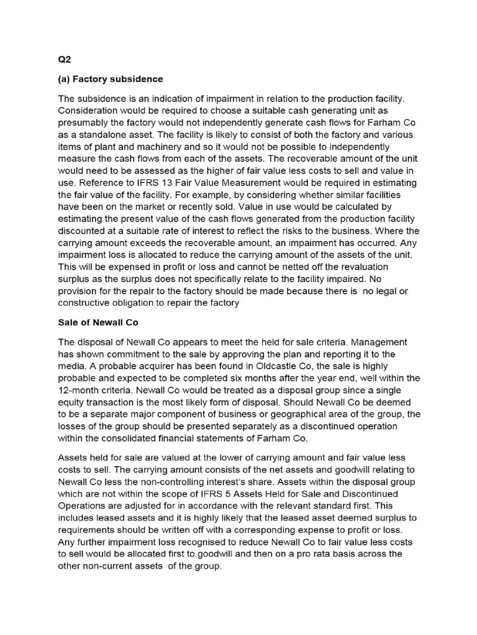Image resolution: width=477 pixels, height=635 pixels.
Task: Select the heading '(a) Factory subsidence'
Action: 111,79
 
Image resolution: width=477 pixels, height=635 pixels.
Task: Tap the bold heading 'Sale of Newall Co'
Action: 98,322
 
